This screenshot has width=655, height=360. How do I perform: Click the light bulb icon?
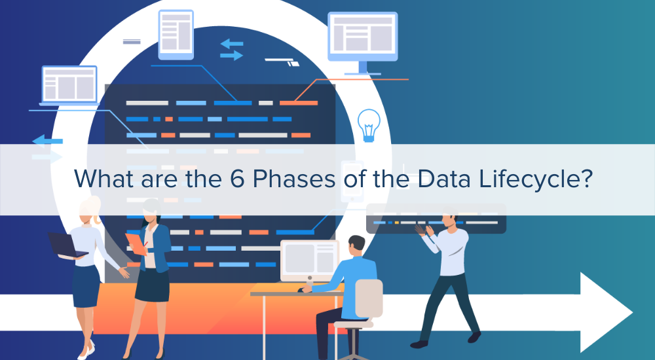369,124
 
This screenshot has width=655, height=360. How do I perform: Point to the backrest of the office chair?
368,298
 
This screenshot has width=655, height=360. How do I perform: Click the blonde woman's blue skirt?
86,285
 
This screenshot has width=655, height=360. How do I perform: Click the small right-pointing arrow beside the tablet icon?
232,56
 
